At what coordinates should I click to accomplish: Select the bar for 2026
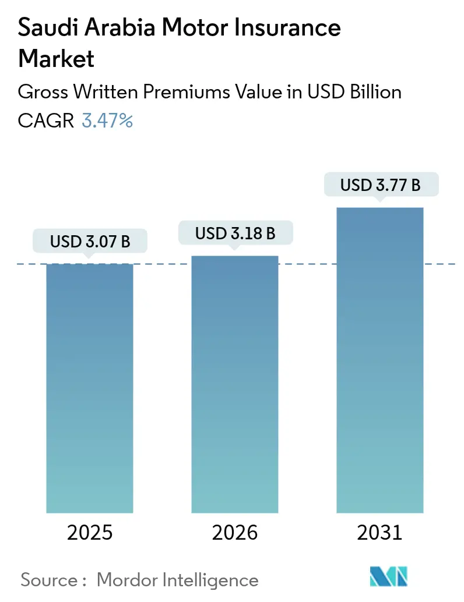(235, 384)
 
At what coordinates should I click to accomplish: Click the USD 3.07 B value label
(90, 242)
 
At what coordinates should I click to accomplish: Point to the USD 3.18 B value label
(235, 233)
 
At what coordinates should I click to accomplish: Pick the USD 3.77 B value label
(381, 185)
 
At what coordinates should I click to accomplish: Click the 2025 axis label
(90, 533)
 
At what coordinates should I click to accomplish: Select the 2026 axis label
(235, 533)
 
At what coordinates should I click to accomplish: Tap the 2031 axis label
(381, 533)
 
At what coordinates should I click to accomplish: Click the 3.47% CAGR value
(107, 121)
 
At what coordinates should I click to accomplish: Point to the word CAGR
(46, 121)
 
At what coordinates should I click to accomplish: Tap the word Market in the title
(57, 58)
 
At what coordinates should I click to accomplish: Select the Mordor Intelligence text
(177, 580)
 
